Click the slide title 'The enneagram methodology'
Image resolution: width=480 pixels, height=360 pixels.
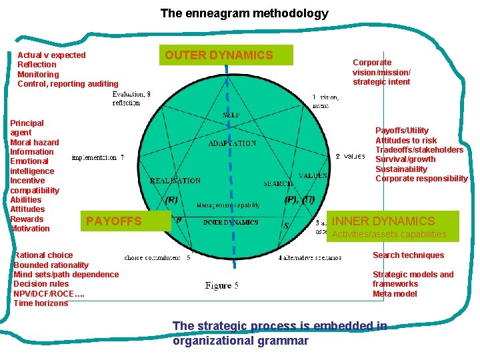[244, 13]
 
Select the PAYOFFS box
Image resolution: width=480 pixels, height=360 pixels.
[114, 221]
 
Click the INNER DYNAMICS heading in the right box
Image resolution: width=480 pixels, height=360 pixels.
[383, 221]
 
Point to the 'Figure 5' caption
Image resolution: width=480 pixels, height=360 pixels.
[222, 285]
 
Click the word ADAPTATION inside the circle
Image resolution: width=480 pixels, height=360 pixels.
[232, 143]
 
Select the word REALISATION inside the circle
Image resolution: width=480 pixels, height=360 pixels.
[175, 181]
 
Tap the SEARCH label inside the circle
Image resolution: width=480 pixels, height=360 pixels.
[278, 183]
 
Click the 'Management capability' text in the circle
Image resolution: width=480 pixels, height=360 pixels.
[229, 205]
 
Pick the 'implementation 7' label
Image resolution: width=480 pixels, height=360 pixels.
[97, 158]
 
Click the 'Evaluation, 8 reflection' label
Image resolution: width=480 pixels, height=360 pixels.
[131, 99]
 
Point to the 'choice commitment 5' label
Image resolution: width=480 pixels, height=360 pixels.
[157, 257]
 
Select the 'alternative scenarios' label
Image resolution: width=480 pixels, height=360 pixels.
[310, 257]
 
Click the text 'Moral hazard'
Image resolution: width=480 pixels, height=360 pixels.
[35, 142]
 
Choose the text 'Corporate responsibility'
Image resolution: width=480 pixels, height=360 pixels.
[421, 178]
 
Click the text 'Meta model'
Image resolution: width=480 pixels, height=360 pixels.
[395, 293]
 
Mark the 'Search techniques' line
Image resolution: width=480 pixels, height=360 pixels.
[408, 255]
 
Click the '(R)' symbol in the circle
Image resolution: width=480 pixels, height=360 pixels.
[171, 199]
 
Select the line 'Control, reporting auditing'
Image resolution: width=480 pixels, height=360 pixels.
[67, 84]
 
